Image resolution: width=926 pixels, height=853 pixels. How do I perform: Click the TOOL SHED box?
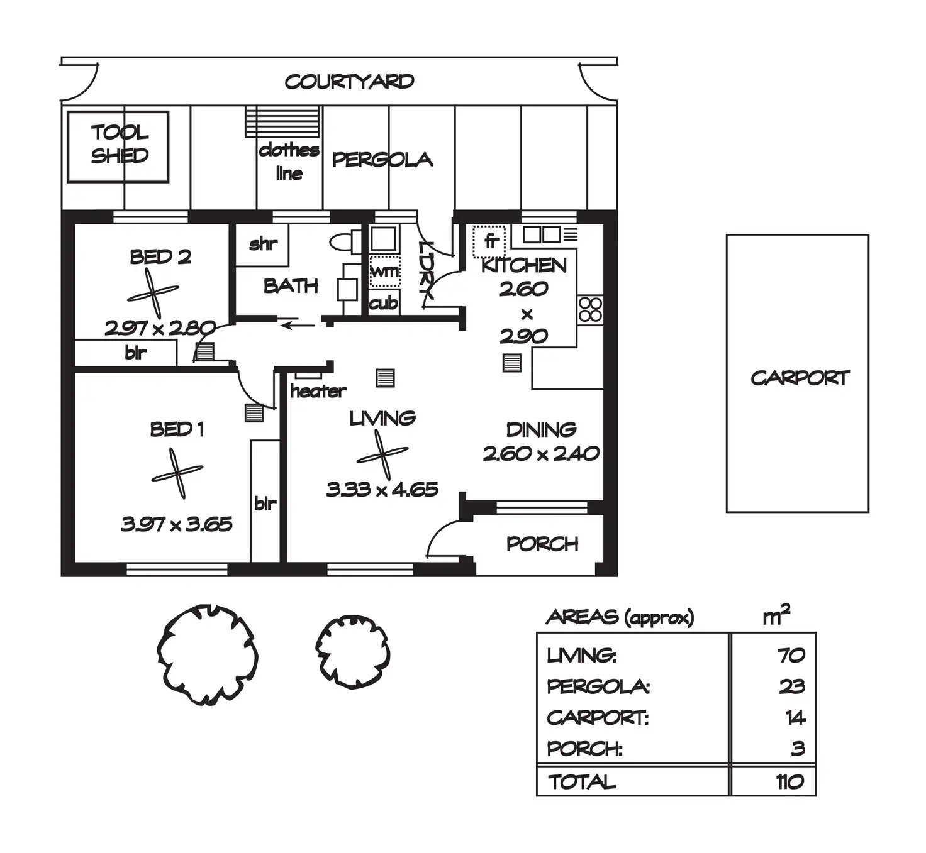click(x=118, y=146)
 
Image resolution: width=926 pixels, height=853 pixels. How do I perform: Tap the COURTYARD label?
click(x=349, y=82)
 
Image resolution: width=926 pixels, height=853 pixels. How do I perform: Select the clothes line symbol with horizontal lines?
click(x=283, y=121)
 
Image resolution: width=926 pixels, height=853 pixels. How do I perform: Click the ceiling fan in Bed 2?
click(x=153, y=293)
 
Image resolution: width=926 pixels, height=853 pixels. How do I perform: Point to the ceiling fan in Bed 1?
click(x=177, y=473)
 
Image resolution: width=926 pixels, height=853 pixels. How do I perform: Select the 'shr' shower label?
click(x=263, y=244)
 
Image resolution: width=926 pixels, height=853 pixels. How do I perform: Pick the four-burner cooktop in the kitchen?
click(x=590, y=309)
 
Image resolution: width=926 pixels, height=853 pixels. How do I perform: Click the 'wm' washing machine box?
click(x=384, y=271)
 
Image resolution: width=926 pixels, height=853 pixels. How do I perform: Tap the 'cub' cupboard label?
click(x=383, y=303)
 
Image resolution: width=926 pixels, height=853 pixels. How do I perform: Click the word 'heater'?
click(x=318, y=391)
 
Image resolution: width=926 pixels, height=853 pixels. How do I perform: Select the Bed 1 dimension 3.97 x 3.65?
click(x=177, y=524)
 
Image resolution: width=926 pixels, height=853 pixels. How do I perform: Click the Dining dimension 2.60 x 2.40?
click(x=541, y=453)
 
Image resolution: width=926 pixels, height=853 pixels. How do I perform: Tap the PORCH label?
click(x=542, y=544)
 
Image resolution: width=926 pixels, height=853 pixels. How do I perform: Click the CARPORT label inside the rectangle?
click(x=800, y=378)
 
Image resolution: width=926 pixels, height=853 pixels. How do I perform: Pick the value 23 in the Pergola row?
click(x=791, y=686)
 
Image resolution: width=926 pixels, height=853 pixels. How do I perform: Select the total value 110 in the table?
click(x=789, y=781)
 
